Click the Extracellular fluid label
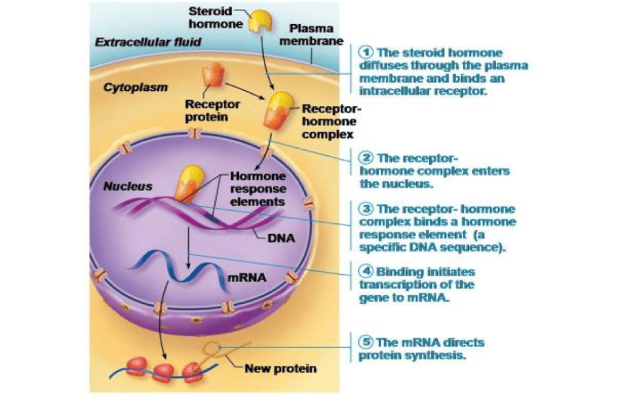(148, 43)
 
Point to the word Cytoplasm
(135, 88)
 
